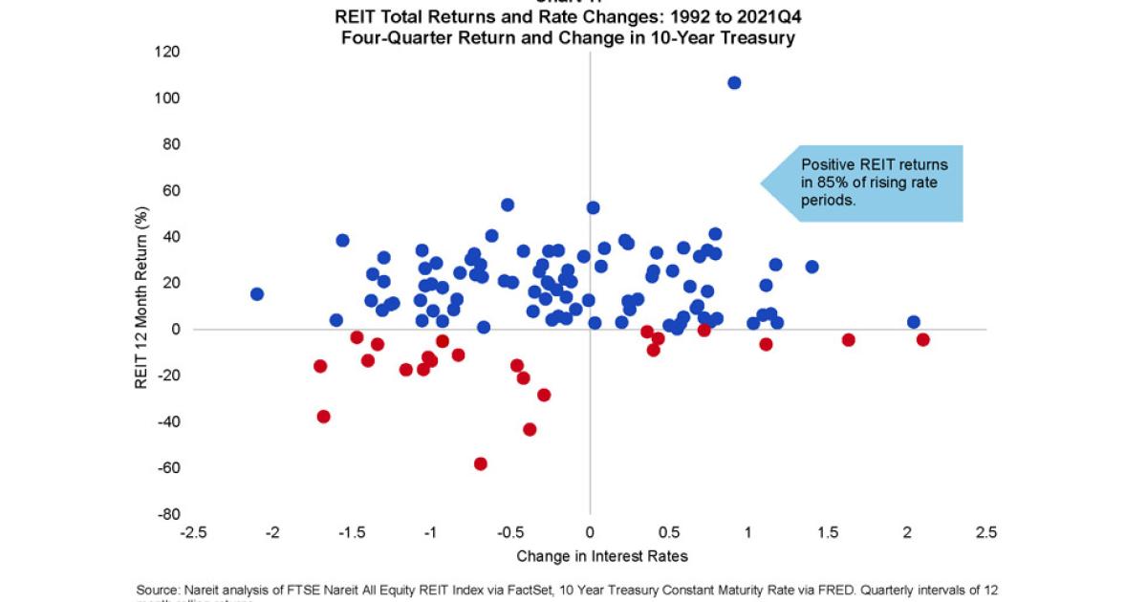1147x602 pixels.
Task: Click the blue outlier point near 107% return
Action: (x=734, y=83)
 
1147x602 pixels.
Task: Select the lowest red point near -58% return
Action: (x=481, y=463)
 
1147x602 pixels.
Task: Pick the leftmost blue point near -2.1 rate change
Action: (x=257, y=294)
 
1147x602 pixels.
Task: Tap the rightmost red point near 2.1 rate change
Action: (x=922, y=339)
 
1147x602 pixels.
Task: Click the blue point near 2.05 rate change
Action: (x=913, y=322)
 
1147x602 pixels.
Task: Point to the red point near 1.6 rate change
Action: (x=848, y=339)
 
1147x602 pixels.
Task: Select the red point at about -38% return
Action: (x=324, y=417)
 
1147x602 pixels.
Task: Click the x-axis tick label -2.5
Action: (x=193, y=532)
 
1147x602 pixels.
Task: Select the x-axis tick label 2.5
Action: (x=985, y=532)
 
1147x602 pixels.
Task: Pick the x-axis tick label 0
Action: (x=590, y=532)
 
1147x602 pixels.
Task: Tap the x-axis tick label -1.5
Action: (x=352, y=532)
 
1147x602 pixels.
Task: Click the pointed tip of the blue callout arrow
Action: (x=762, y=183)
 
